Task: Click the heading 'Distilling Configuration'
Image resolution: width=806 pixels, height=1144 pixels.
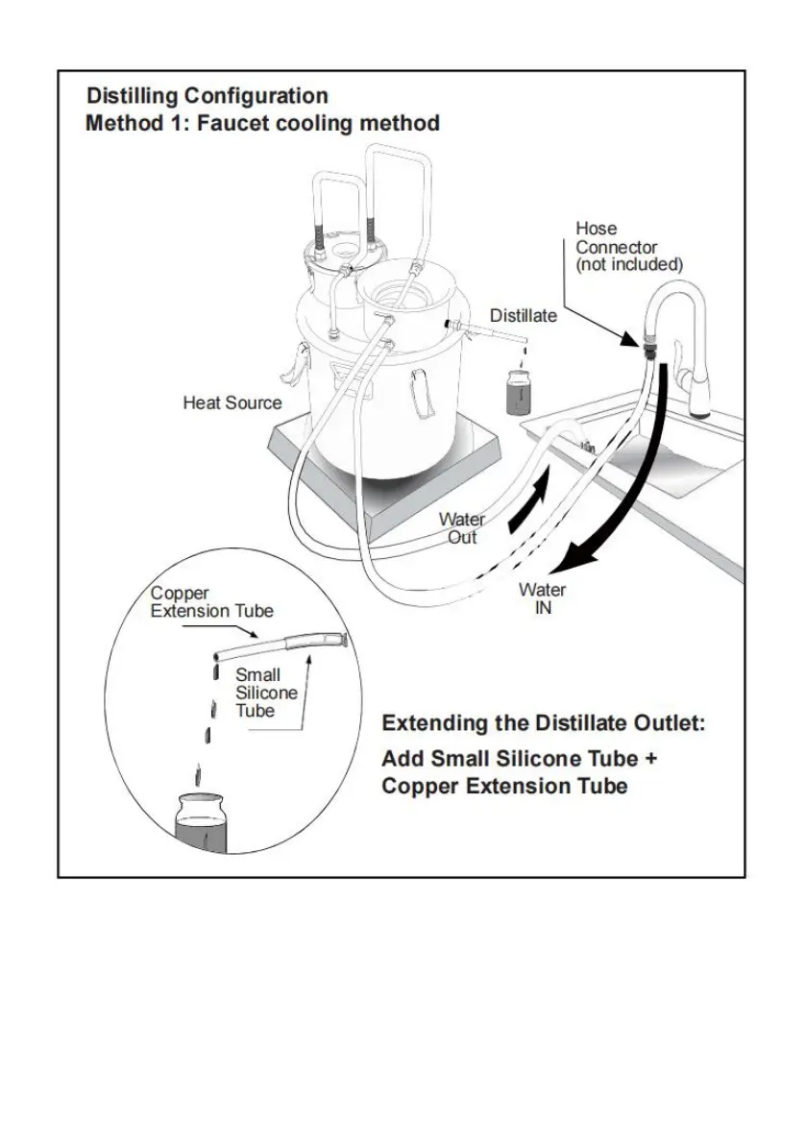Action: [x=208, y=96]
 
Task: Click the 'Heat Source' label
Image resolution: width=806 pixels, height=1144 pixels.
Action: [x=232, y=402]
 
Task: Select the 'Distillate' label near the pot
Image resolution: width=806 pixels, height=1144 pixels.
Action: [x=523, y=315]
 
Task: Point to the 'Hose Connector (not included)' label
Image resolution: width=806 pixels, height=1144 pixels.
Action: [x=628, y=247]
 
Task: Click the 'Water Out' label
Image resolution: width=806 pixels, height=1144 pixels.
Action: [x=462, y=528]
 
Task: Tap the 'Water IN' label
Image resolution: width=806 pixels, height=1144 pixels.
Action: [x=542, y=598]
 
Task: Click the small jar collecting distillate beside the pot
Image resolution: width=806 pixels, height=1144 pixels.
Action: [x=520, y=393]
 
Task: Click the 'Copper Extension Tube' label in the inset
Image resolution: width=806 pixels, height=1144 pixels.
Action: [x=211, y=602]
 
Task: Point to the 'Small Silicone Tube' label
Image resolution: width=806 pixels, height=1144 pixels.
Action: [x=265, y=693]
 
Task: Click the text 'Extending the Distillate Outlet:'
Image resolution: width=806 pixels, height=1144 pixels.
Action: [x=544, y=723]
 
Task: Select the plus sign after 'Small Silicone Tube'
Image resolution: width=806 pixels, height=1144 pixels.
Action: [x=650, y=759]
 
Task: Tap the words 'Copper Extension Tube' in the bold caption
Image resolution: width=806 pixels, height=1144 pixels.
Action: [x=504, y=787]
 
